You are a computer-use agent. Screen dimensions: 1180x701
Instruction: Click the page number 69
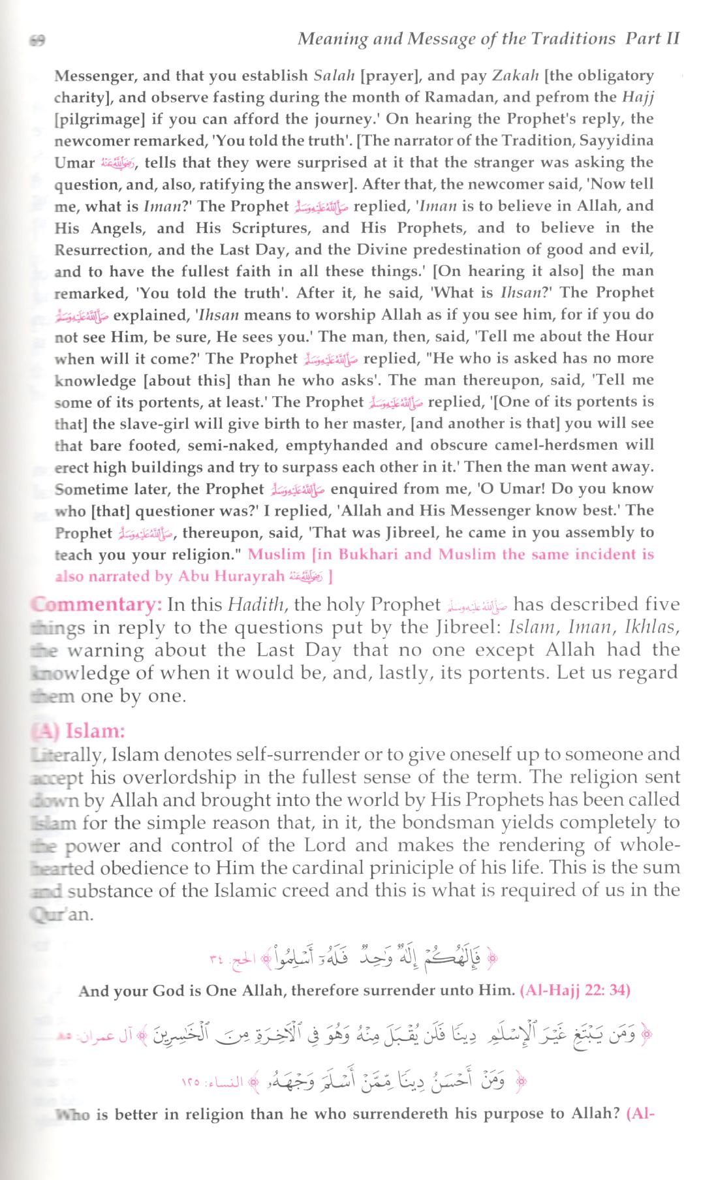37,40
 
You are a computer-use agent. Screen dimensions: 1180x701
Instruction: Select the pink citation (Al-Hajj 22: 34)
574,990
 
